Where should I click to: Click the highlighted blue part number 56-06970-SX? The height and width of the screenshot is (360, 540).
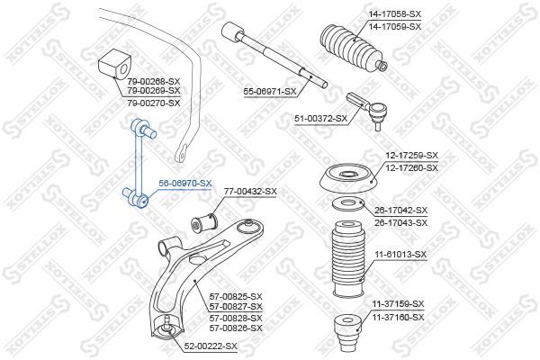coord(185,183)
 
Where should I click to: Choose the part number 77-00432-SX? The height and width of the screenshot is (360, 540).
coord(249,192)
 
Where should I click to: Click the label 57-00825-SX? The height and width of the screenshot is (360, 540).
coord(235,296)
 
